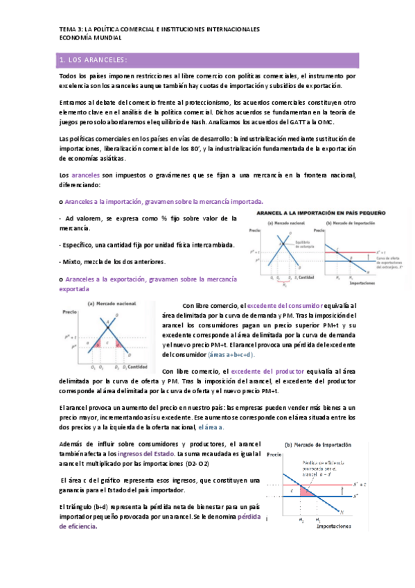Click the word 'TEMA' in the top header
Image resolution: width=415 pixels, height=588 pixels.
pos(69,29)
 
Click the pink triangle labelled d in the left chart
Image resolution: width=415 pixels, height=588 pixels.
pos(119,344)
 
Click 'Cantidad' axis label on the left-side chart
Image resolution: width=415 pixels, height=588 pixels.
pos(139,365)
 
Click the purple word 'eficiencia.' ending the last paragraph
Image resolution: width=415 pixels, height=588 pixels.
pos(78,526)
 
